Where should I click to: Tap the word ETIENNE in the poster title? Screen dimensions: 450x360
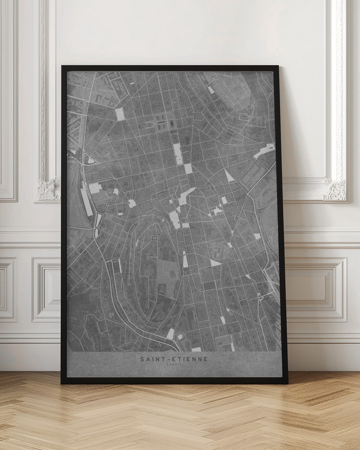tap(191, 359)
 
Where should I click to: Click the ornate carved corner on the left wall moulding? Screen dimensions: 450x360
tap(49, 189)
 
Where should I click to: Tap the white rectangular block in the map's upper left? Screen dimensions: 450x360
tap(120, 114)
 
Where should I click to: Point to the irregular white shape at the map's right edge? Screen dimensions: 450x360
tap(264, 151)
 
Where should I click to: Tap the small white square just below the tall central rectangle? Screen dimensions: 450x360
tap(188, 168)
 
